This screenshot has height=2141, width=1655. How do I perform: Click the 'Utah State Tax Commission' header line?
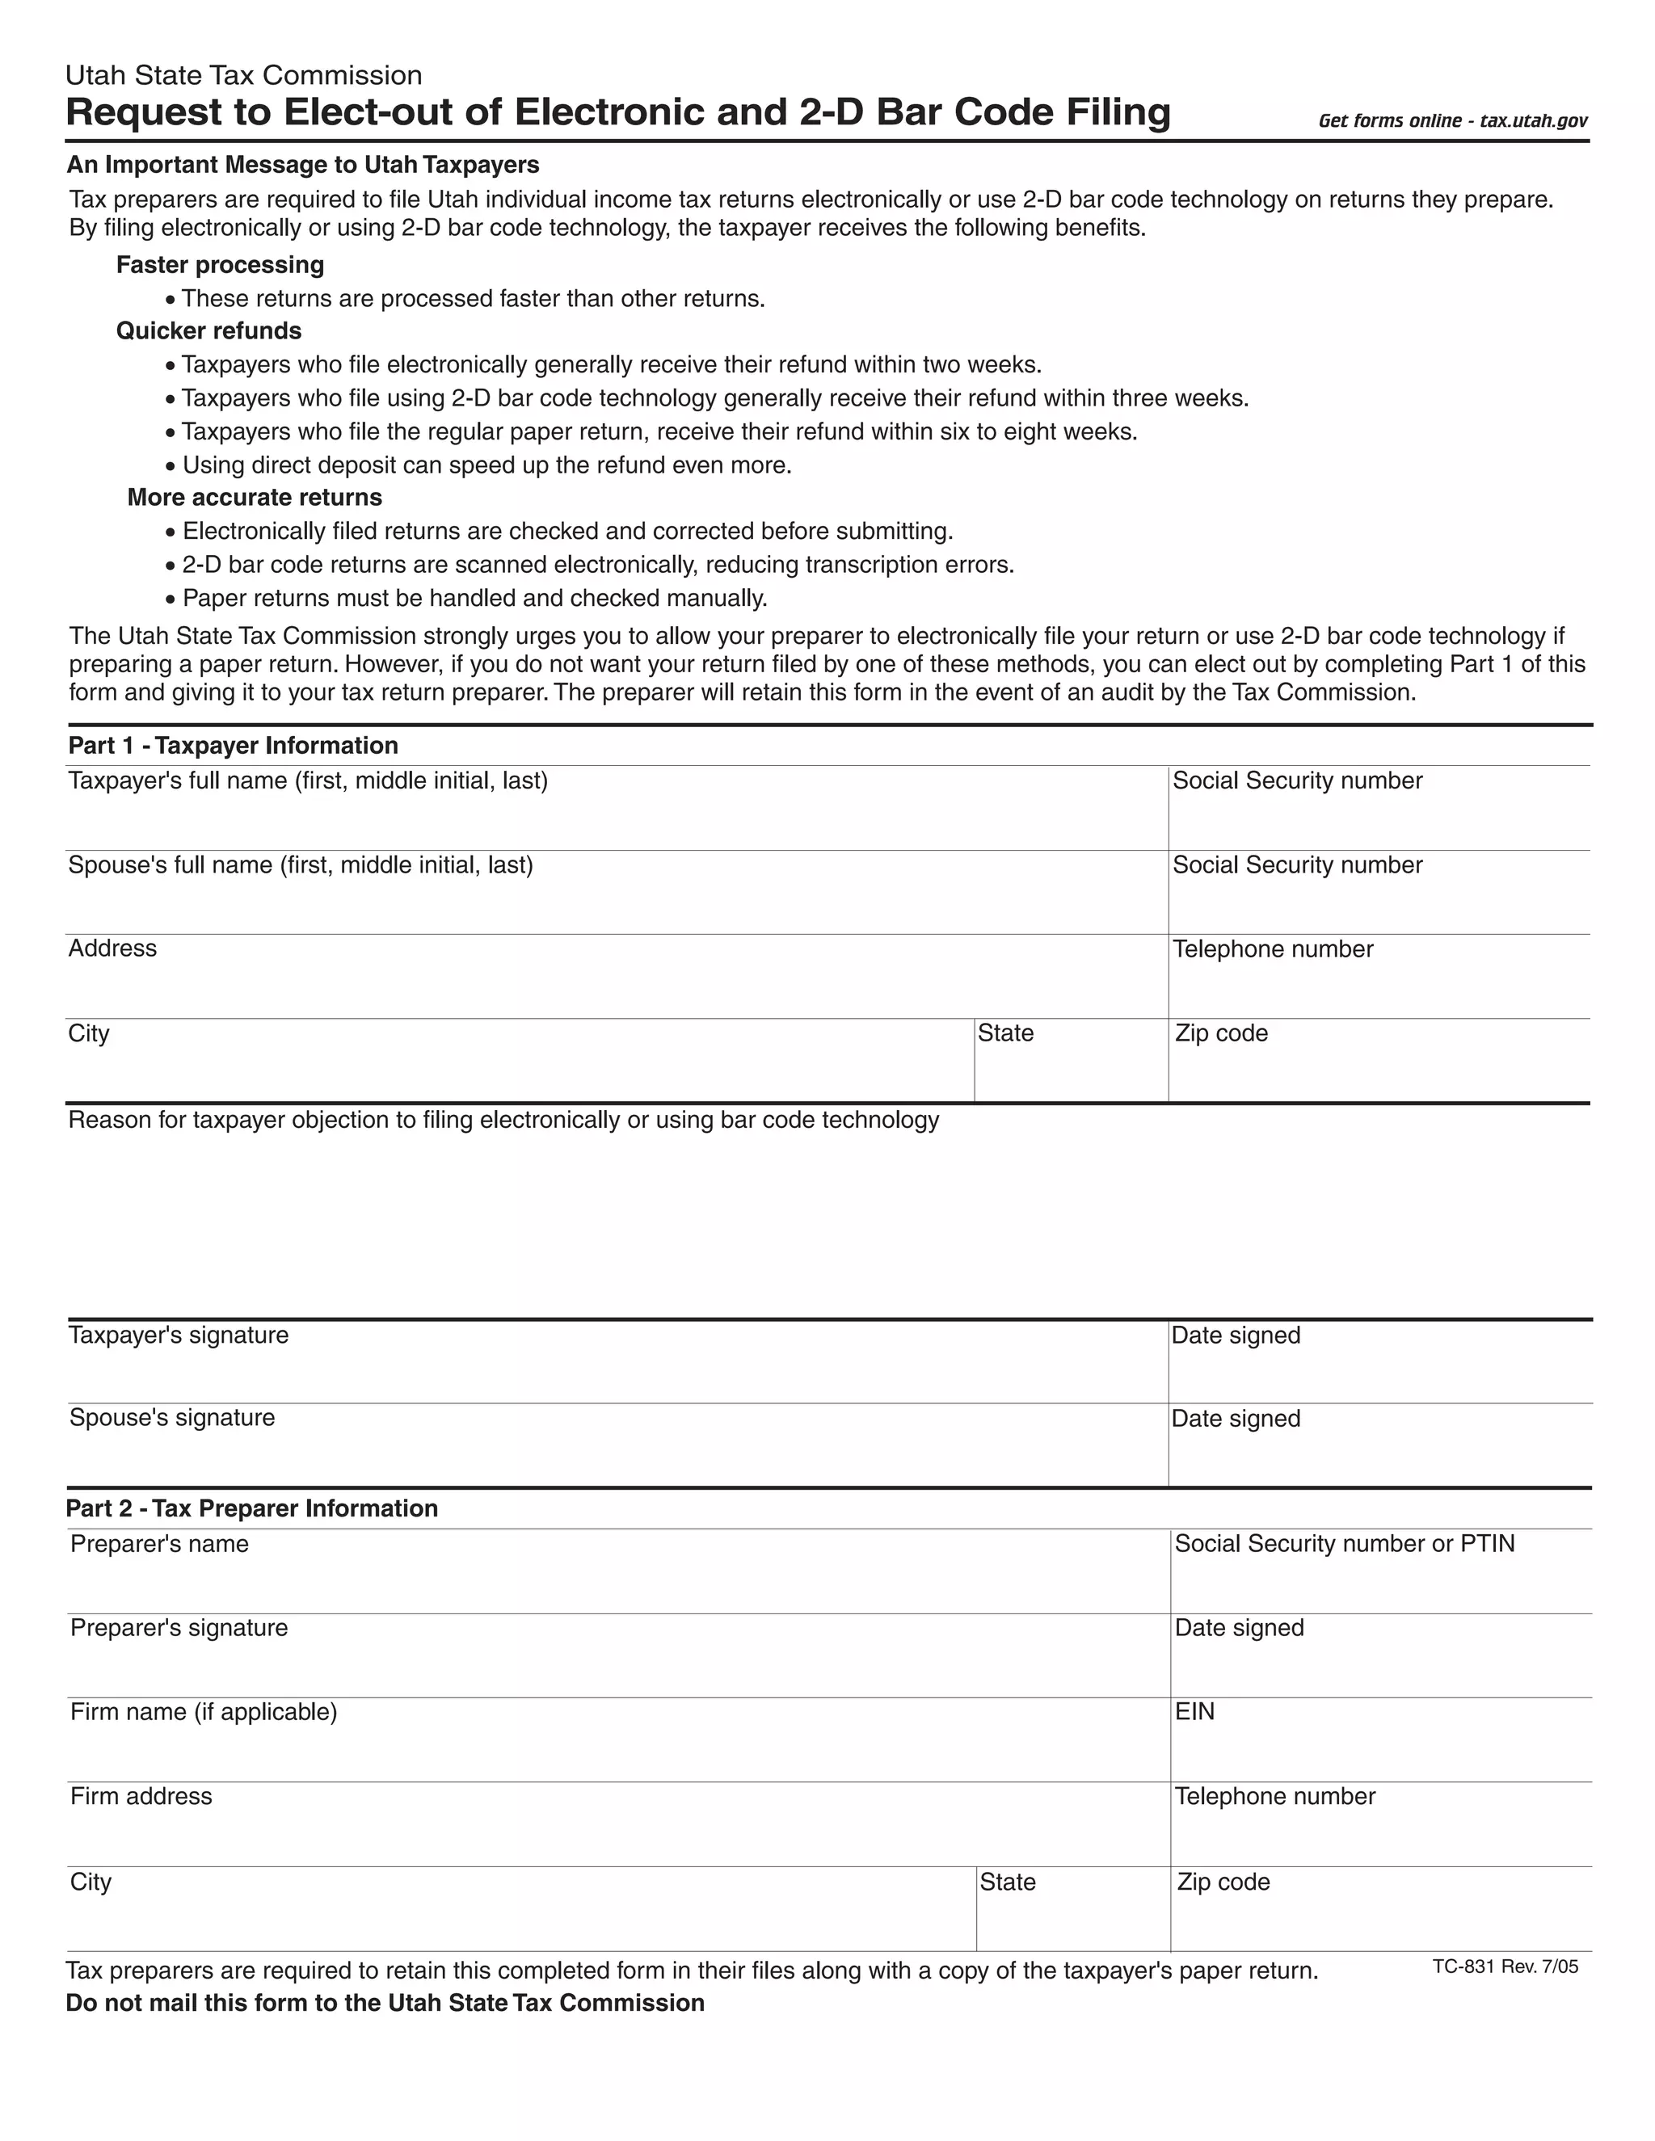click(243, 75)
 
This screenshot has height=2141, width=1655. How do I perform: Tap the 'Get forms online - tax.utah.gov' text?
click(1452, 120)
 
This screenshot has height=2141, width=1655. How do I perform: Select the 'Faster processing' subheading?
click(220, 265)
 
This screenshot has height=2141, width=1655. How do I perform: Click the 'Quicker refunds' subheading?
click(208, 330)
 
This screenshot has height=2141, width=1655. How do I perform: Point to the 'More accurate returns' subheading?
click(254, 497)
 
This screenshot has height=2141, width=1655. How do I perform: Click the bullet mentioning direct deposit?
click(486, 465)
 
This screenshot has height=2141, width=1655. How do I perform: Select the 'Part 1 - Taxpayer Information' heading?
click(233, 745)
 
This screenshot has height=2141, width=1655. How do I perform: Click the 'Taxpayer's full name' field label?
click(307, 780)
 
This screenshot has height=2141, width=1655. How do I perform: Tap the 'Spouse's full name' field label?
click(300, 864)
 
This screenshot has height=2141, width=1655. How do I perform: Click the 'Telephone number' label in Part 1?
click(1273, 949)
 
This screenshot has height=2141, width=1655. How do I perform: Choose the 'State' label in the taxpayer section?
click(1005, 1033)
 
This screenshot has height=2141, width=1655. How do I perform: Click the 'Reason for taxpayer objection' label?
click(503, 1120)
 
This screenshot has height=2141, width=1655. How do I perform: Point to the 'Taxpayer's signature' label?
click(179, 1335)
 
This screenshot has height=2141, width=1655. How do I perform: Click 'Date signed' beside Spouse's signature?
click(1236, 1419)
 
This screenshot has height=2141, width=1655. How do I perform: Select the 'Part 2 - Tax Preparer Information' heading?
click(252, 1508)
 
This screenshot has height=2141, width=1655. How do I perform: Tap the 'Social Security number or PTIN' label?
click(1344, 1544)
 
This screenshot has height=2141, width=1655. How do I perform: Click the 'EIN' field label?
click(1194, 1712)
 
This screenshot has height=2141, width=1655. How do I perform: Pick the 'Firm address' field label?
click(141, 1796)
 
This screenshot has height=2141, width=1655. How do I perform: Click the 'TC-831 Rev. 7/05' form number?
click(1505, 1966)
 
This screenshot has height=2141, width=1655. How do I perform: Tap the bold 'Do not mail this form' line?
click(385, 2003)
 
